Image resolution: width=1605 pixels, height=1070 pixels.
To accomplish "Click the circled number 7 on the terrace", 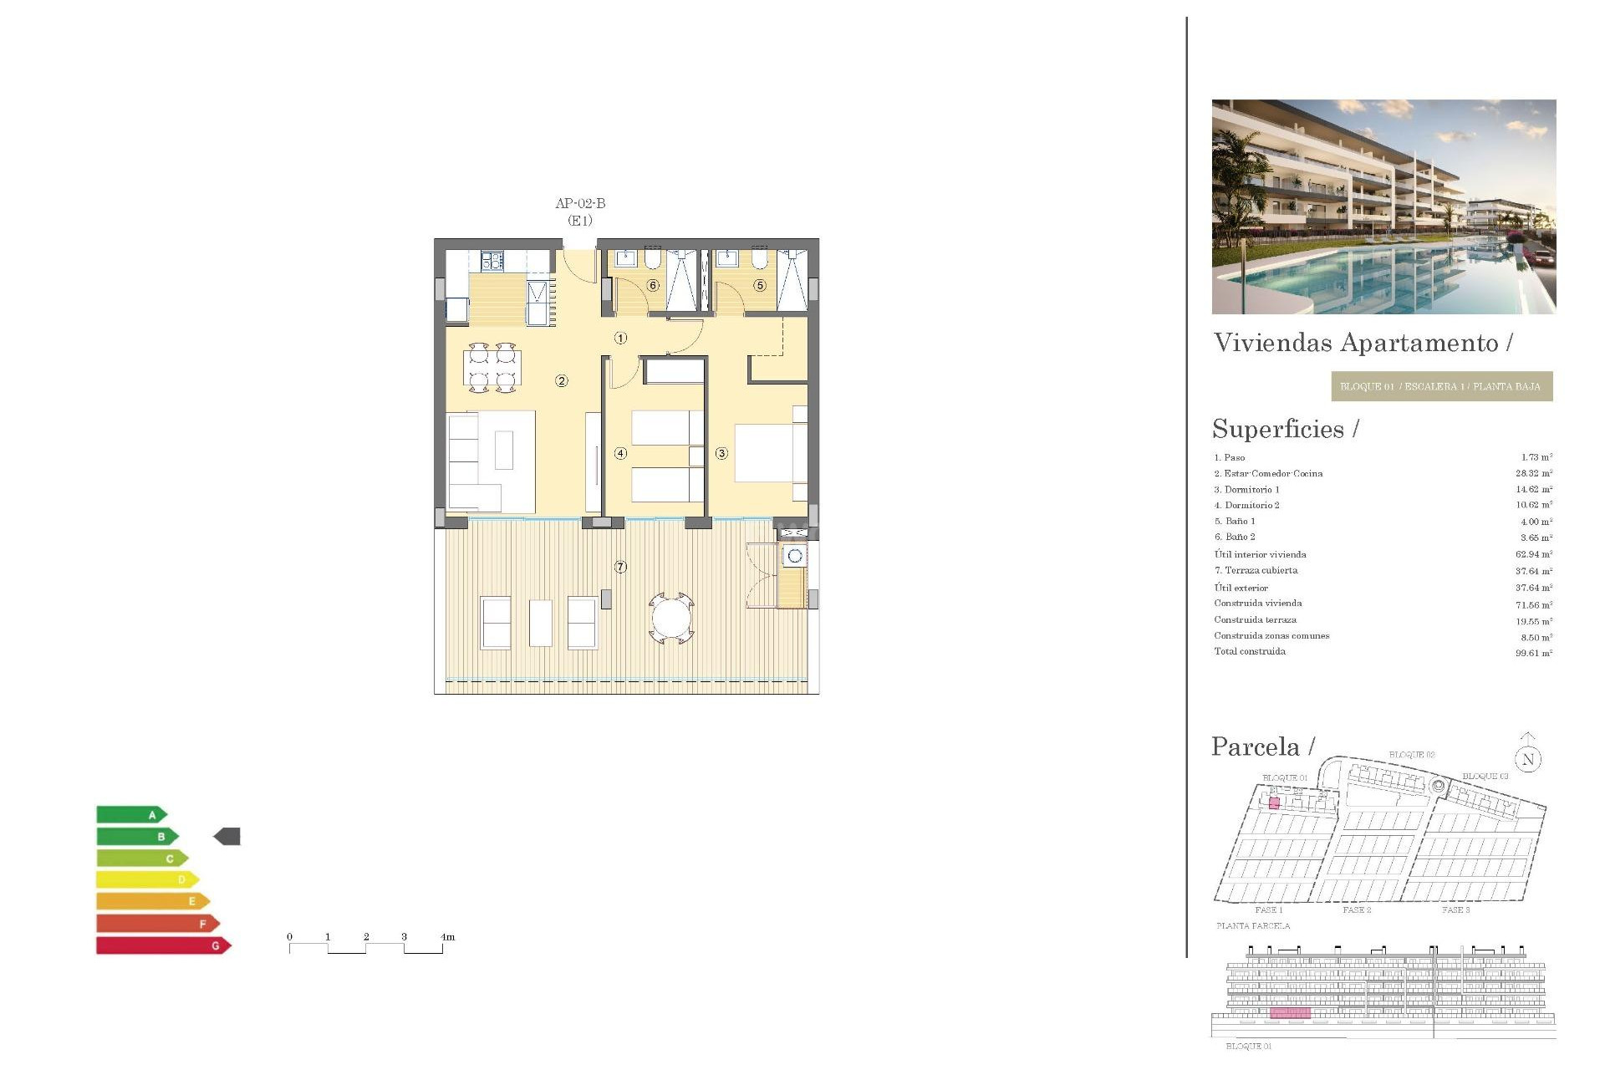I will pos(620,567).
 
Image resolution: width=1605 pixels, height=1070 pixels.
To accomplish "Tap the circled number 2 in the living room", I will pos(562,381).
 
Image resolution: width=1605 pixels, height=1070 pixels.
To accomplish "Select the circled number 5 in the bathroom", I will pos(760,285).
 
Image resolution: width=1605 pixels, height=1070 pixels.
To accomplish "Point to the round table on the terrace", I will pos(671,619).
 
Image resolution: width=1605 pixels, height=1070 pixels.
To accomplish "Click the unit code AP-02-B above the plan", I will pos(580,203).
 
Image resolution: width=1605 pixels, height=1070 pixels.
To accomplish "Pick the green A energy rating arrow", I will pos(132,814).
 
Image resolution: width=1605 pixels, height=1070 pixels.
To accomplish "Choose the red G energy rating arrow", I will pos(163,945).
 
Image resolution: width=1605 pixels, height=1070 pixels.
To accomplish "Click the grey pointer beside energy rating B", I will pos(227,836).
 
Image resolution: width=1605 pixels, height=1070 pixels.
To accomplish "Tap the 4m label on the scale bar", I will pos(447,936).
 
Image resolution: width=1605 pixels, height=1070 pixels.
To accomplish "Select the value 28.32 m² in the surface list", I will pos(1533,473).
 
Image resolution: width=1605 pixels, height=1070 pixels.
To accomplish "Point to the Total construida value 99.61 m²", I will pos(1533,653).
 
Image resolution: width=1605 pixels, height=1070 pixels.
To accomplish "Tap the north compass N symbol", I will pos(1528,759).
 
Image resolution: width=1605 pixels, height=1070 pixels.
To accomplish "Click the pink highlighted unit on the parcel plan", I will pos(1274,803).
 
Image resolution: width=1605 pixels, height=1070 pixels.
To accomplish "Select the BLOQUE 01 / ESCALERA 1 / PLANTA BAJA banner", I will pos(1441,386).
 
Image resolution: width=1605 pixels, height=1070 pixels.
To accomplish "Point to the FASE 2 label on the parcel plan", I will pos(1357,909).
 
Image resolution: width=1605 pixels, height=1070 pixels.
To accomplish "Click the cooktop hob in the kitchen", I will pos(492,261).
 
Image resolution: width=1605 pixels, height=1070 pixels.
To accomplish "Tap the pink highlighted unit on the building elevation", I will pos(1290,1013).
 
